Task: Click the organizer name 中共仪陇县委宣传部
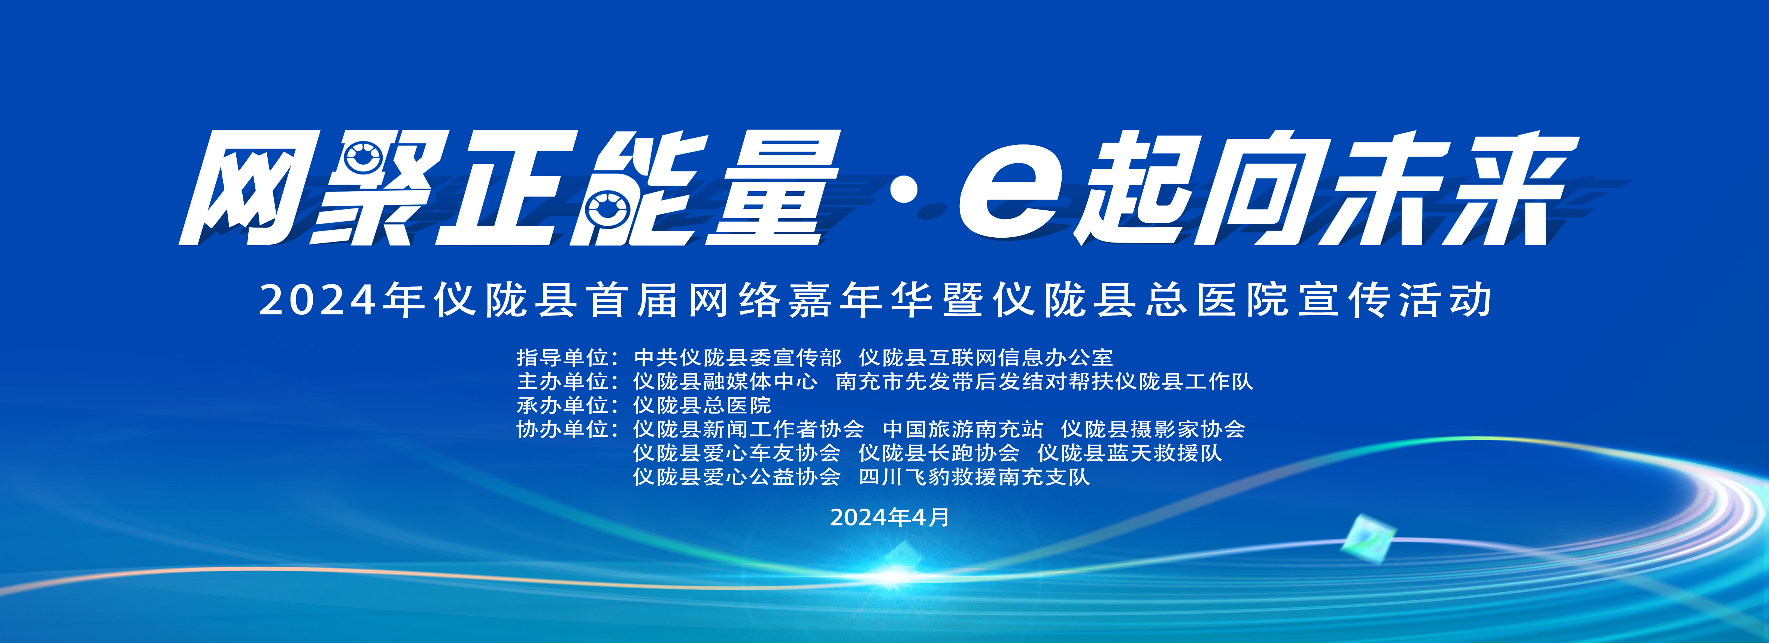[738, 357]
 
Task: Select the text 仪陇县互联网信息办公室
[986, 357]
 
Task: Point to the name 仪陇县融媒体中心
[725, 381]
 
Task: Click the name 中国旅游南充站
[963, 430]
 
